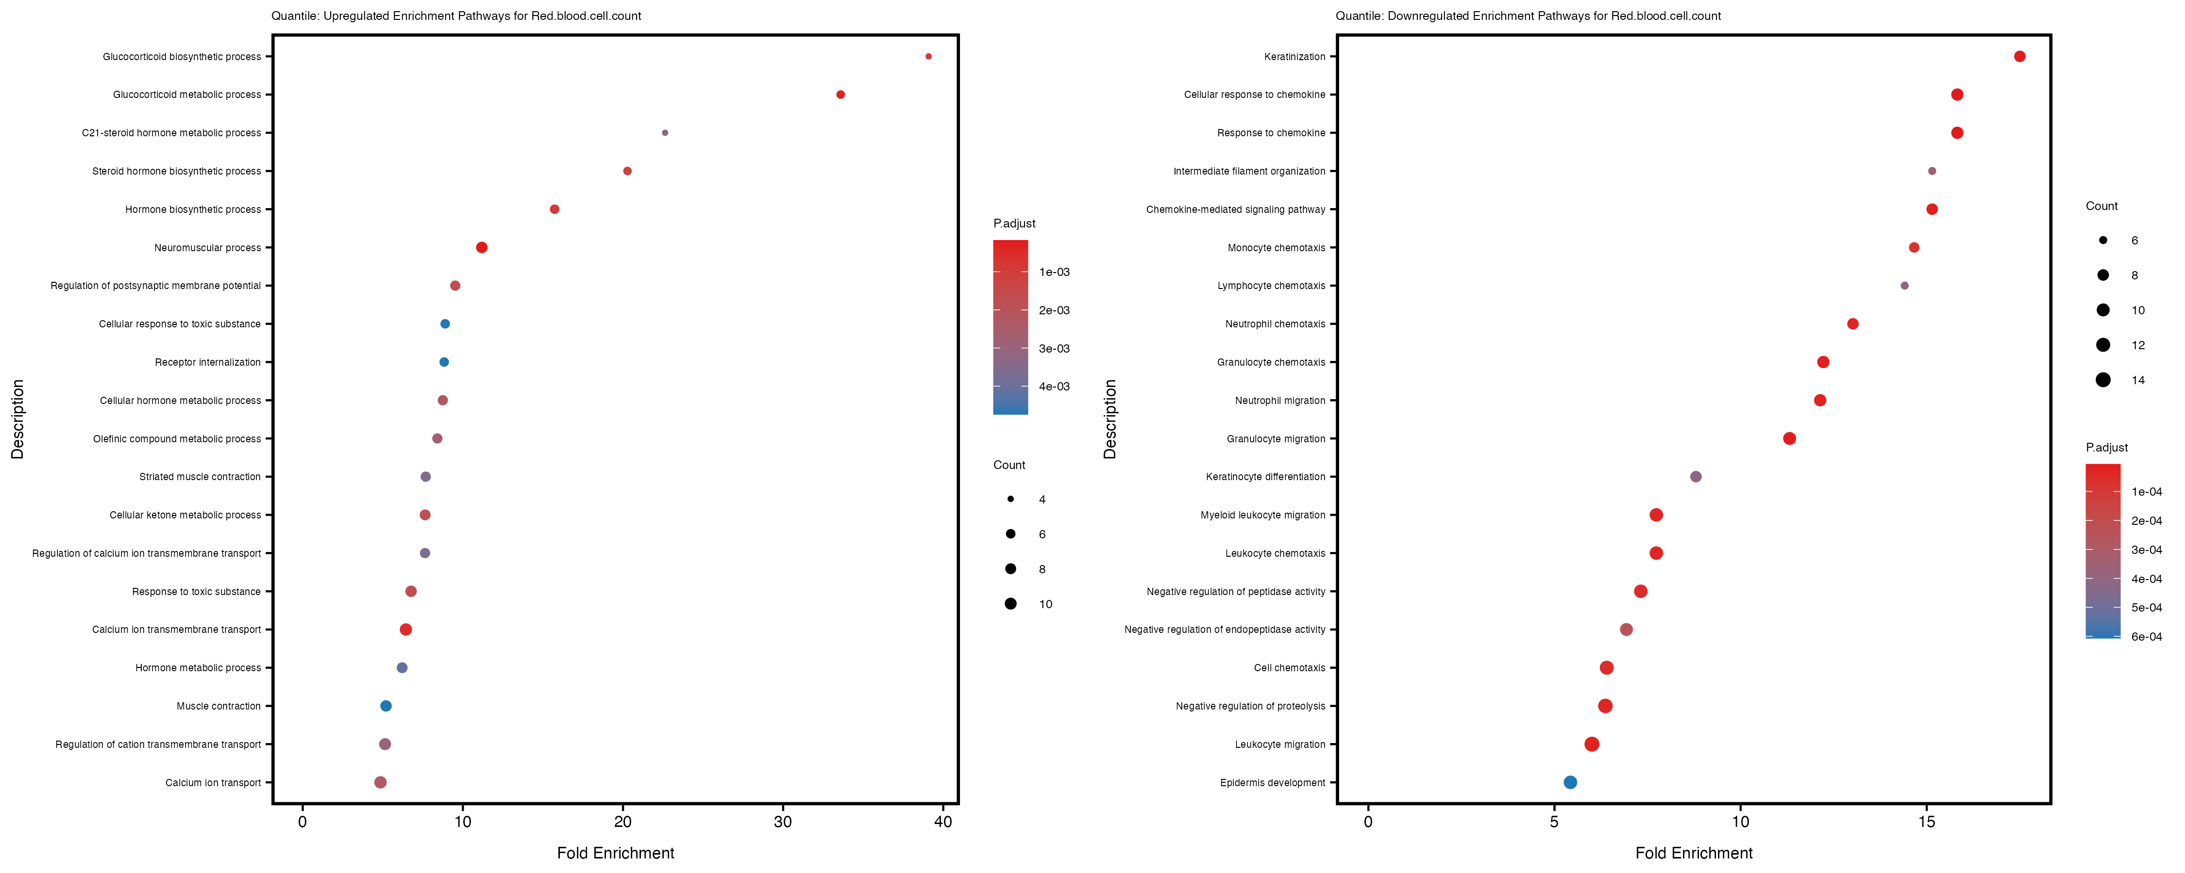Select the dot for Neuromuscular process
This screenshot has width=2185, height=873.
coord(482,247)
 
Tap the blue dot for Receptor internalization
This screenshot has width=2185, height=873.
coord(444,362)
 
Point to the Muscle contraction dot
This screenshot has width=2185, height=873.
coord(386,706)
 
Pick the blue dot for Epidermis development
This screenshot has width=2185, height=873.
coord(1570,782)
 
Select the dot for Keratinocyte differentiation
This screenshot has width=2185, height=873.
coord(1696,476)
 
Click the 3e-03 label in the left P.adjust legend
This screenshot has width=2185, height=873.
coord(1054,348)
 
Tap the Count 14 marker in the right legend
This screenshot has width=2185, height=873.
coord(2103,380)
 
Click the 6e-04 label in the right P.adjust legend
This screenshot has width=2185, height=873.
coord(2146,636)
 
